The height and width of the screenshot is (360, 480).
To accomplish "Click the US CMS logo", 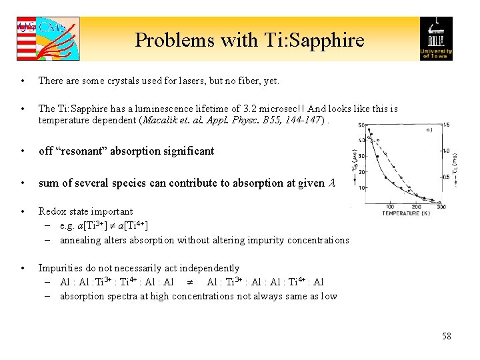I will pyautogui.click(x=47, y=39).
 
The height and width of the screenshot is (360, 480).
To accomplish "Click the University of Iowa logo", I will pyautogui.click(x=435, y=39).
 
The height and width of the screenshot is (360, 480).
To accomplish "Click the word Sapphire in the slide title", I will pyautogui.click(x=325, y=40).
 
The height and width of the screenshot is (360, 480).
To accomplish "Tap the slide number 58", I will pyautogui.click(x=446, y=336).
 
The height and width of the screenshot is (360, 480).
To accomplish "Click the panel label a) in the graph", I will pyautogui.click(x=428, y=130).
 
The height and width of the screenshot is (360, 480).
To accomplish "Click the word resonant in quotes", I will pyautogui.click(x=79, y=151).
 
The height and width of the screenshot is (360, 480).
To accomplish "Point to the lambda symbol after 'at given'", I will pyautogui.click(x=332, y=183).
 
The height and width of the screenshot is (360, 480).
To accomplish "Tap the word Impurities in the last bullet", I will pyautogui.click(x=59, y=268).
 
